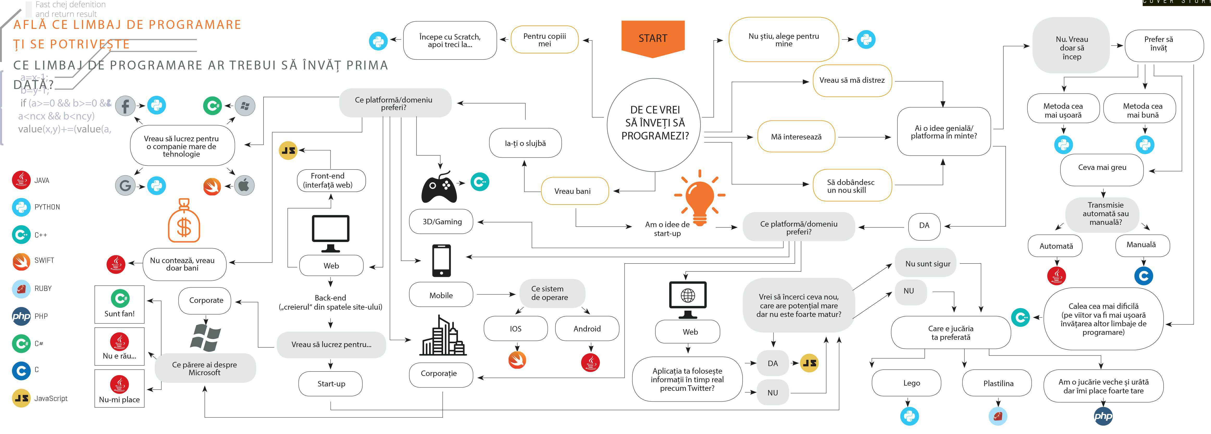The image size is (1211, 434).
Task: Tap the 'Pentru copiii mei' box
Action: click(544, 40)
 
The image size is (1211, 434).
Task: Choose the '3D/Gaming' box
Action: click(442, 222)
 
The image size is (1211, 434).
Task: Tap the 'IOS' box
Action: click(516, 329)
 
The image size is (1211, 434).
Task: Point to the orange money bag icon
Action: click(184, 221)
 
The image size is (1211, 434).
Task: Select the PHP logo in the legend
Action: click(21, 316)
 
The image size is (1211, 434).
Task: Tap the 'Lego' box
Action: click(906, 383)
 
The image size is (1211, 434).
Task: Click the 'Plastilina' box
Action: click(998, 383)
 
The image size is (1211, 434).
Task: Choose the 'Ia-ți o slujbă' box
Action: click(525, 143)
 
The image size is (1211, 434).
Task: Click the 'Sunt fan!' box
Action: click(119, 304)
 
